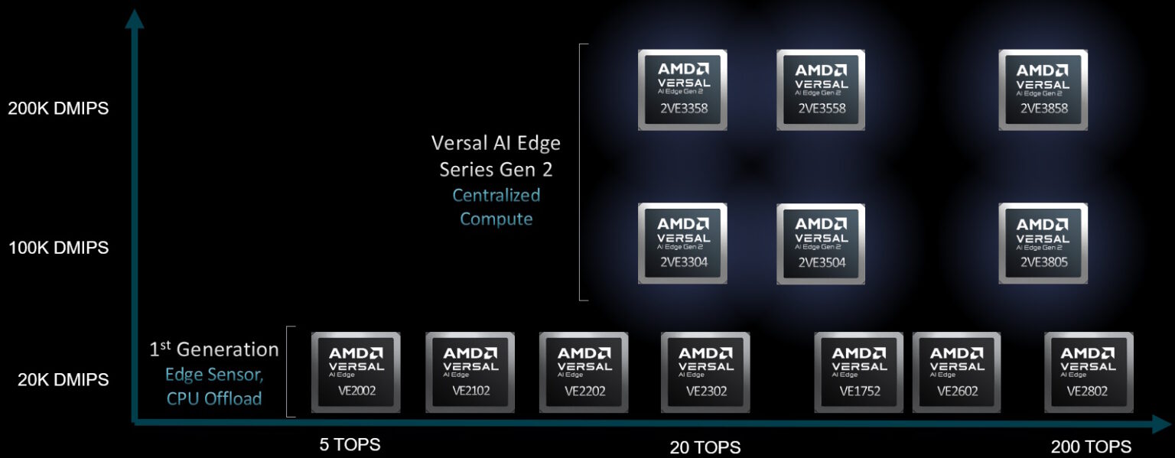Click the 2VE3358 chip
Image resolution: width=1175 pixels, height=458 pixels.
tap(682, 90)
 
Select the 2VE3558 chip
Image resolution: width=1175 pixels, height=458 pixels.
tap(821, 90)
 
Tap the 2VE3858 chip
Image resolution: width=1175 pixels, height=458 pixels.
tap(1043, 90)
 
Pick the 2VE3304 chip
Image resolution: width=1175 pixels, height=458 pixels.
tap(682, 243)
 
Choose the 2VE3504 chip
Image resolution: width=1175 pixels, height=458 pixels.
tap(821, 243)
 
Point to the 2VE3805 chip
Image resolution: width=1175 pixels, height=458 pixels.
tap(1043, 243)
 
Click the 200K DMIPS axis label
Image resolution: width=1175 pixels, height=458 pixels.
tap(58, 109)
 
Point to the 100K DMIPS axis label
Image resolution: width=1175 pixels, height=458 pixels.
tap(58, 248)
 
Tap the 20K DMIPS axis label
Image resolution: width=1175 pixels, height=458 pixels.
tap(63, 380)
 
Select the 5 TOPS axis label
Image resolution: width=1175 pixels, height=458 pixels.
tap(350, 444)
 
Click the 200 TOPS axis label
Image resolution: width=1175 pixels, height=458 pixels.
tap(1090, 447)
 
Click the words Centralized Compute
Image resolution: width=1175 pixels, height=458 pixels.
tap(496, 207)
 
